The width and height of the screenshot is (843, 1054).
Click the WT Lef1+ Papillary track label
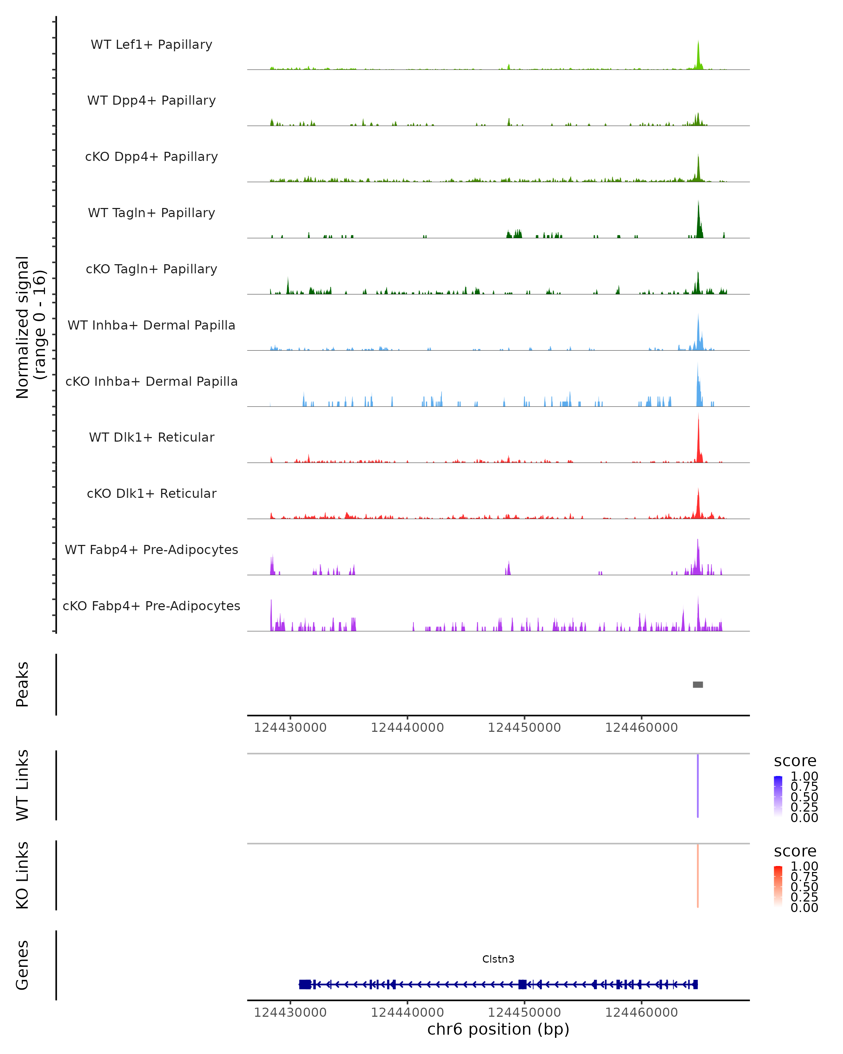pos(151,45)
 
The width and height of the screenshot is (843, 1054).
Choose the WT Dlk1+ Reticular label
pos(151,437)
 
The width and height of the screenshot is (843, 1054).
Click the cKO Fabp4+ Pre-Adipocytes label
pos(151,606)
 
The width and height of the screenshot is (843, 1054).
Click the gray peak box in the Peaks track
pos(698,684)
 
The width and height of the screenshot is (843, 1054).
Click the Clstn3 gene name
pos(498,959)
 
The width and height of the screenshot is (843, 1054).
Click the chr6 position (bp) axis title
pos(498,1029)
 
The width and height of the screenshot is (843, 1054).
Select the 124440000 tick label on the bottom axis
pos(407,1013)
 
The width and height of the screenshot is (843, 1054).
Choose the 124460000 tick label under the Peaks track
pos(641,728)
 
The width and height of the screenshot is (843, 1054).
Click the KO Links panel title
pos(22,876)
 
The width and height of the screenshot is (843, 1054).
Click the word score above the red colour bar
pos(795,851)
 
